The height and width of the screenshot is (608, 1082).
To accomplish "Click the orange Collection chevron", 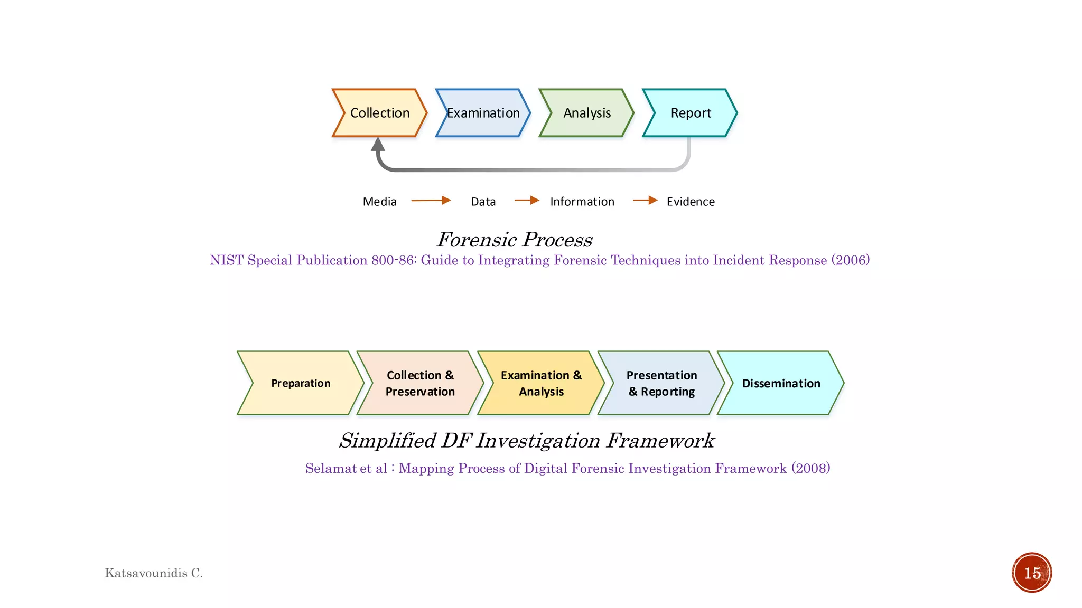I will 379,113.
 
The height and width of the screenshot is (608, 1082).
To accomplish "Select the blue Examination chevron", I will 483,113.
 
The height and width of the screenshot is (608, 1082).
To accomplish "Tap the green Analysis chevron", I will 586,113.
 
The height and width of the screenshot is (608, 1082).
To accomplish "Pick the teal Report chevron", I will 690,113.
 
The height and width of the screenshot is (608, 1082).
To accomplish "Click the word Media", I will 379,202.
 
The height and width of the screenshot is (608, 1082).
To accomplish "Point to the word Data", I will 483,202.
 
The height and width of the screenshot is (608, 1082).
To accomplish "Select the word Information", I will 582,202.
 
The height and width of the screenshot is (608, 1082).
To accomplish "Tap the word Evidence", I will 691,202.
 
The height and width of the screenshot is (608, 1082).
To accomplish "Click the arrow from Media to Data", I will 431,201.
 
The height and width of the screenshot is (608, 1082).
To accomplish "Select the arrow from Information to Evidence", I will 645,201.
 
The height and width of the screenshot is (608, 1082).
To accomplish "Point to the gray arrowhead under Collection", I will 378,145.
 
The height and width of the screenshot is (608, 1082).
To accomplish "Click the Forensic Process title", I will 515,240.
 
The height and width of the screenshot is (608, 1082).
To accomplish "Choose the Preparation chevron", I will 301,383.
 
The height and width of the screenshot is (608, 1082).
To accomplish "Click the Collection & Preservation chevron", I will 420,383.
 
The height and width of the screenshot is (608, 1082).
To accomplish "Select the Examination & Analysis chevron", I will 541,383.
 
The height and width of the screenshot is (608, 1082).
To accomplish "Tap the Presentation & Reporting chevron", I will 661,383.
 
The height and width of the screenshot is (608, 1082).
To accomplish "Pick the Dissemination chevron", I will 781,383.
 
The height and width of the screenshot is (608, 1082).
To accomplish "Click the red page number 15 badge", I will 1032,573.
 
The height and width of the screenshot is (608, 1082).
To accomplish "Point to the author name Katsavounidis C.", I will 154,573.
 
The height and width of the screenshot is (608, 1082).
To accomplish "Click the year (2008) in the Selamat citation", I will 810,468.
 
